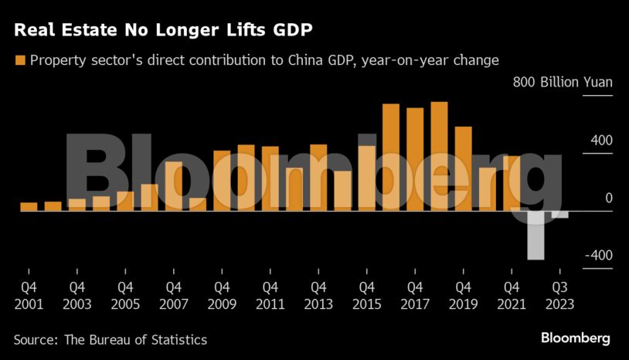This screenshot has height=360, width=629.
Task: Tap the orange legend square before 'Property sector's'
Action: (x=20, y=59)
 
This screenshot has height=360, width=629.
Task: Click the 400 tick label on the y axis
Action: (x=603, y=141)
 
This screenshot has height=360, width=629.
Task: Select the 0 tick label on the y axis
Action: (x=608, y=199)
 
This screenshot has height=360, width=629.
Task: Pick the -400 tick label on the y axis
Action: (x=599, y=256)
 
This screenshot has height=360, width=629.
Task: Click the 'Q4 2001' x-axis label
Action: (x=29, y=294)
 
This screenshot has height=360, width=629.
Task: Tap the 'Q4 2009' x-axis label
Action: (x=222, y=294)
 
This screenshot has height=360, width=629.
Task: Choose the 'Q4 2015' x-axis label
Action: (x=366, y=294)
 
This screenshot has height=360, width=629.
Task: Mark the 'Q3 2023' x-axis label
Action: (x=559, y=294)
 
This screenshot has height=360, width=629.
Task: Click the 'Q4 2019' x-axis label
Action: (x=463, y=294)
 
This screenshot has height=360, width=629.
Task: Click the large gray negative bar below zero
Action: (x=535, y=235)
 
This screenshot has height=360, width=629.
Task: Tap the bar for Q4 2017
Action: (x=415, y=159)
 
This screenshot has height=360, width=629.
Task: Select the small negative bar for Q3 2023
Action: (x=559, y=214)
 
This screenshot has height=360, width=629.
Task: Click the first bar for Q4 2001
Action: (x=29, y=206)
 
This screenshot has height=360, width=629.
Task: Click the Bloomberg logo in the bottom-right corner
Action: (x=575, y=338)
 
